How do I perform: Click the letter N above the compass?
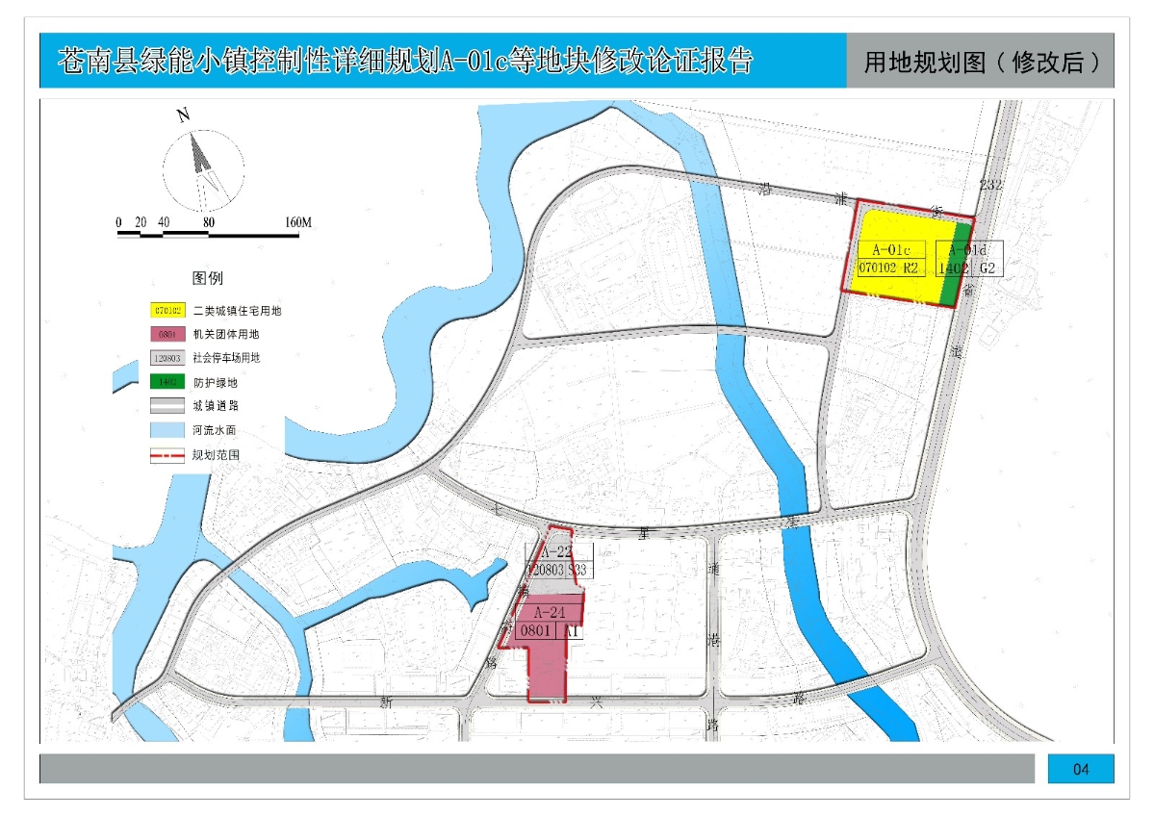click(x=183, y=115)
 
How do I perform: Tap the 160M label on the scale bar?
click(x=298, y=223)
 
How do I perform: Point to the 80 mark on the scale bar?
click(x=208, y=223)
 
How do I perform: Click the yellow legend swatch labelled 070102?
click(x=167, y=311)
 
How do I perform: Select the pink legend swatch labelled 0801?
click(x=167, y=334)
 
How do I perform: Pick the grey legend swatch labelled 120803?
click(x=167, y=357)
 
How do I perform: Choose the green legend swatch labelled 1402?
click(x=167, y=381)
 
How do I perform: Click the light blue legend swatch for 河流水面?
click(x=167, y=429)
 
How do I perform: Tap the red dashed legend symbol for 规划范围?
click(x=167, y=454)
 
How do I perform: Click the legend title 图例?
click(x=208, y=278)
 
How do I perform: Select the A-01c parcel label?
click(x=890, y=250)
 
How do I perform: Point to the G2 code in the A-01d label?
click(x=987, y=268)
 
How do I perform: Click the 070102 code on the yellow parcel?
click(x=877, y=268)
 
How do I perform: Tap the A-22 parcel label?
click(x=556, y=552)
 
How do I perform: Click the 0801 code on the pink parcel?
click(x=535, y=631)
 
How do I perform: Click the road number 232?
click(x=990, y=184)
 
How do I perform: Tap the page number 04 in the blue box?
click(x=1080, y=769)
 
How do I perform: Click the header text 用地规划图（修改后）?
click(x=981, y=63)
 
